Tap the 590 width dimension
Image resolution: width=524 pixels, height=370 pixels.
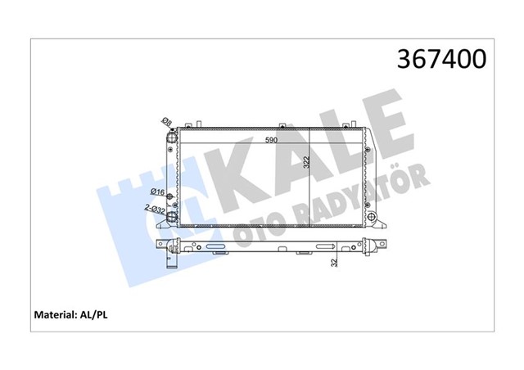pyautogui.click(x=269, y=141)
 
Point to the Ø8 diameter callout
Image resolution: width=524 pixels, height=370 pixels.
pyautogui.click(x=166, y=123)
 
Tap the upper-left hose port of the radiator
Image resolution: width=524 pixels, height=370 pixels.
pyautogui.click(x=172, y=137)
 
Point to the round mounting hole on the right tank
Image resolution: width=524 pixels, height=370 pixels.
pyautogui.click(x=377, y=219)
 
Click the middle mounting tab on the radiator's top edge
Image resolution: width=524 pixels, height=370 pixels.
pyautogui.click(x=281, y=125)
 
